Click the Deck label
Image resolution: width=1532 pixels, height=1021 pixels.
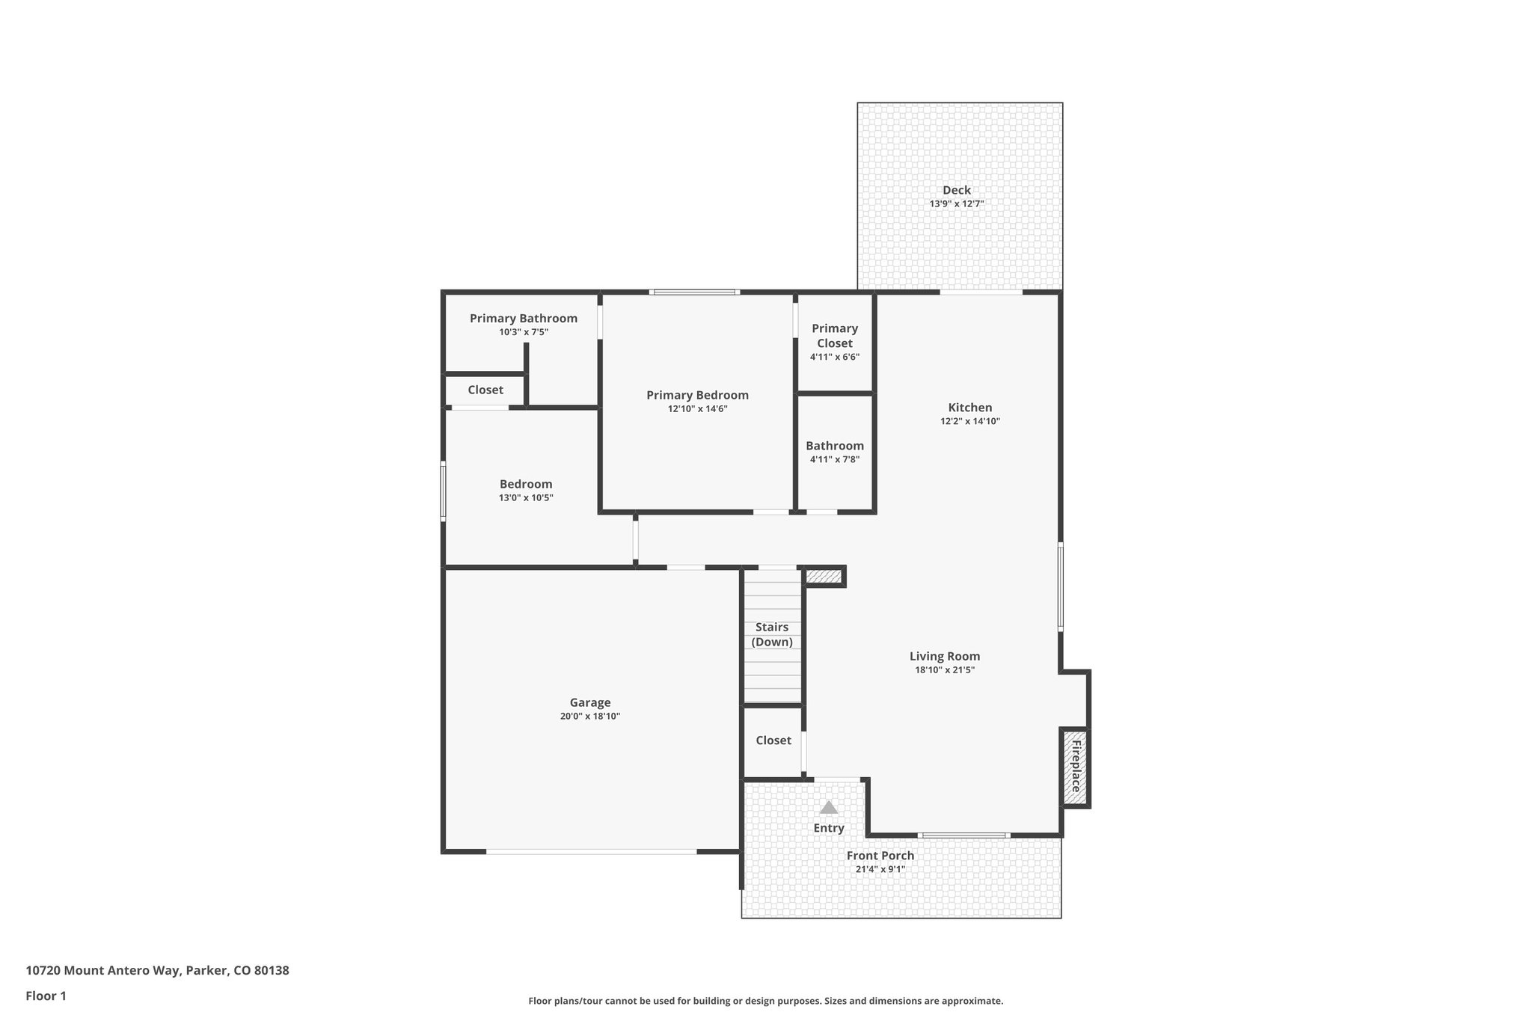click(956, 190)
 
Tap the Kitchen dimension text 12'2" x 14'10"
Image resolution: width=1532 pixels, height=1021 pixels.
click(969, 421)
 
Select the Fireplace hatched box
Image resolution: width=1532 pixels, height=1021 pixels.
click(1075, 767)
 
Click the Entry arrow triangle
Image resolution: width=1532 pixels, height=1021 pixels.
click(828, 807)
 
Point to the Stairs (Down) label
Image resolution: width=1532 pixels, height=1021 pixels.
click(772, 634)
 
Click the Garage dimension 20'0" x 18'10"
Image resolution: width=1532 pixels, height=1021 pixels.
click(590, 716)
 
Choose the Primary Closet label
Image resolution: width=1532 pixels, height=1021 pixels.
click(834, 336)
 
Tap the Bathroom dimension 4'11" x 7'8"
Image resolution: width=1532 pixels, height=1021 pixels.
click(834, 459)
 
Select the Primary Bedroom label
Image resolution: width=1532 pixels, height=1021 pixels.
click(697, 395)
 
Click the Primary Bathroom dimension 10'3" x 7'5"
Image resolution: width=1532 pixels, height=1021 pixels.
click(524, 332)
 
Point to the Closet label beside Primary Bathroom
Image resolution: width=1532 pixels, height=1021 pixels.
click(485, 390)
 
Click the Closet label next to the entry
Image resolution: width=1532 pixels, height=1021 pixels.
click(773, 740)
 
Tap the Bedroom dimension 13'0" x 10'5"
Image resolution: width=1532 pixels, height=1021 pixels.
click(526, 497)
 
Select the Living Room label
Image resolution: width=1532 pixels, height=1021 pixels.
click(944, 656)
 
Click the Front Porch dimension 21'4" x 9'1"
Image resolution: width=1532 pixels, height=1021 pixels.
click(880, 869)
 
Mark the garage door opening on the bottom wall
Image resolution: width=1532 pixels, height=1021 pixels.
click(591, 851)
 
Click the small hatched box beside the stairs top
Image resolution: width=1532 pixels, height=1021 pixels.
click(824, 576)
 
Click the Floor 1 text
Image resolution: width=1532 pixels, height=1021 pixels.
click(46, 996)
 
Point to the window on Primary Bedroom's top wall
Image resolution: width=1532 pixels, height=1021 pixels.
click(694, 292)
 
